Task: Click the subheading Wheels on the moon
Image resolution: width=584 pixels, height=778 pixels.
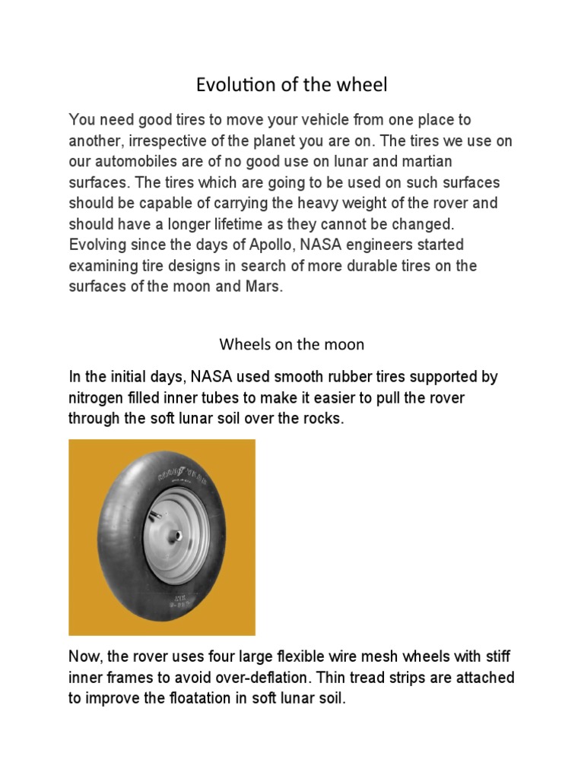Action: coord(292,344)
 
